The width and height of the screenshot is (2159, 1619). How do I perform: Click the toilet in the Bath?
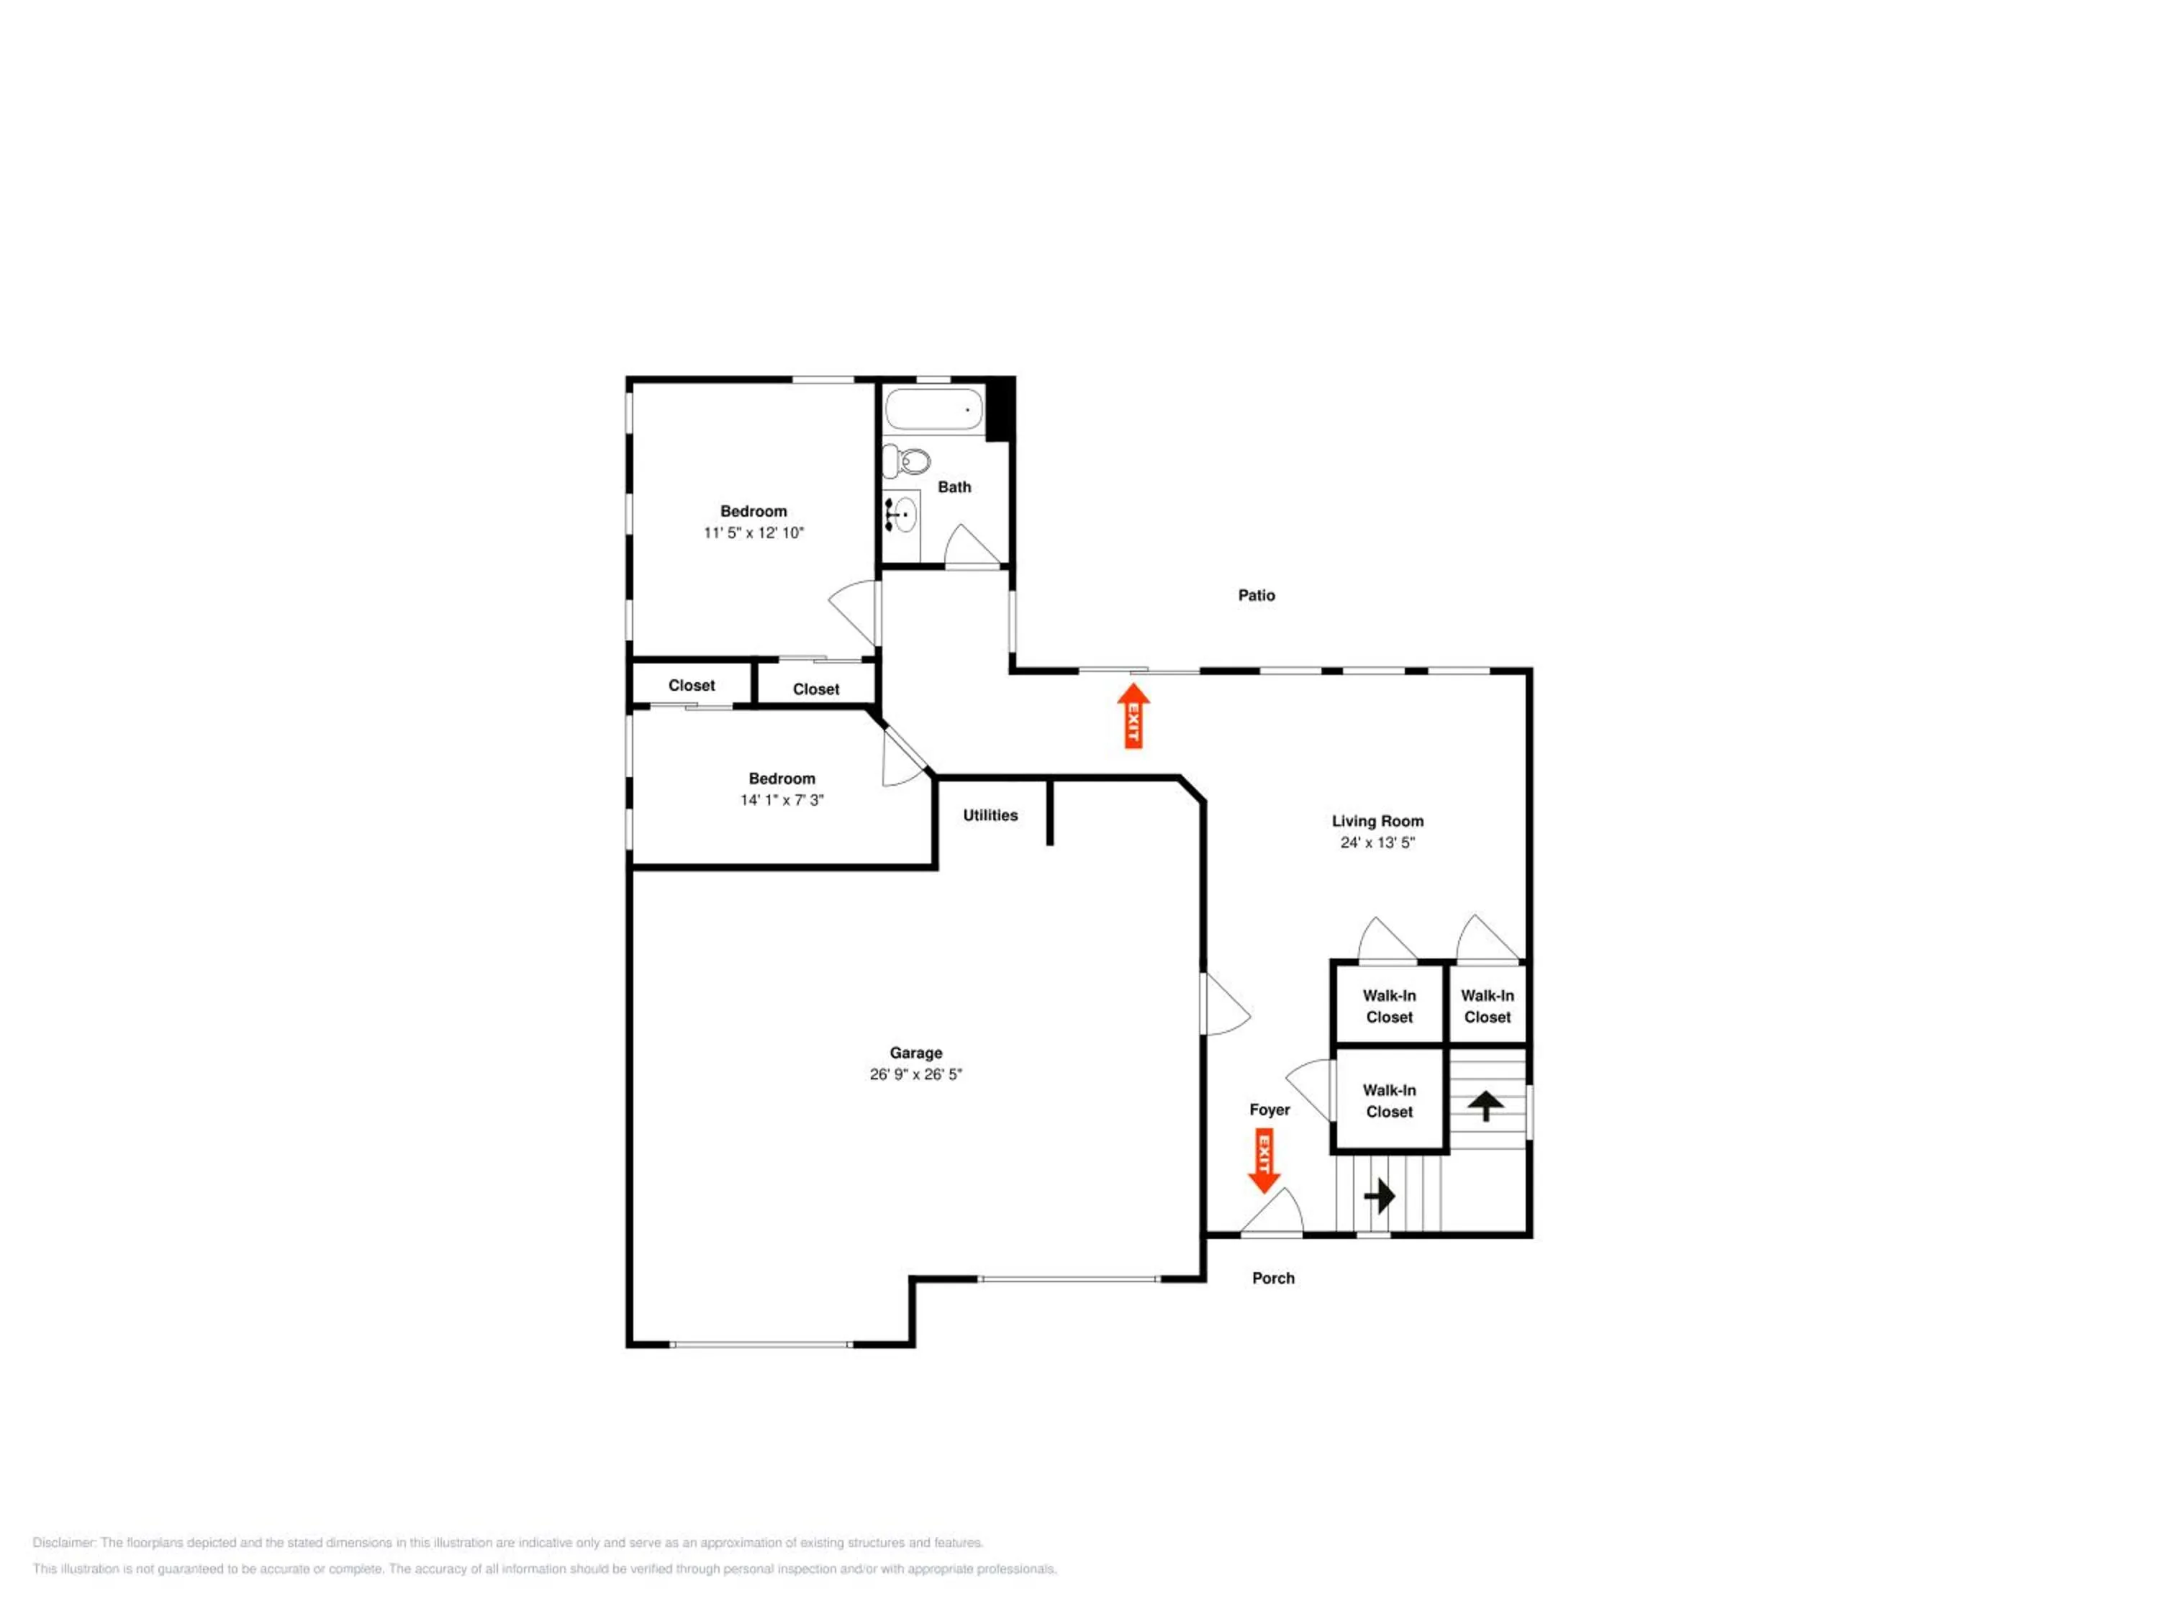[906, 460]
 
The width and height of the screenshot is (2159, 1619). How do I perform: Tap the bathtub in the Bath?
[934, 410]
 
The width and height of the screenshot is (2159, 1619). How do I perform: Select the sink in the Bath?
[903, 512]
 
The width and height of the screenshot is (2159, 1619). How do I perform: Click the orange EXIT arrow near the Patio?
[1133, 715]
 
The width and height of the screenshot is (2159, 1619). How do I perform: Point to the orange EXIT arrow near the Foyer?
[1264, 1161]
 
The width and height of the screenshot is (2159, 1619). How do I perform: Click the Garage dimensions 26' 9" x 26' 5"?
[915, 1074]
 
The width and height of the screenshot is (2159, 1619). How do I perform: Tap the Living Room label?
[1377, 821]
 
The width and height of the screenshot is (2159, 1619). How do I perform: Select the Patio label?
[1256, 595]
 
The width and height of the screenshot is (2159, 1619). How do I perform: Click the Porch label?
[1273, 1279]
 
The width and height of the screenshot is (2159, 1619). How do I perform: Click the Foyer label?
[1269, 1110]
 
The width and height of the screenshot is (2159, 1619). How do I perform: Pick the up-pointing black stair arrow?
[1485, 1106]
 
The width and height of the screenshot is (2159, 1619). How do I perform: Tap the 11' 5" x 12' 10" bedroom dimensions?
[753, 533]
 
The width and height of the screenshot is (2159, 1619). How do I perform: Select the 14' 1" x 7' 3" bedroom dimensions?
[782, 800]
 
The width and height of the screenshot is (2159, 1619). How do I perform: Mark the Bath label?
[954, 487]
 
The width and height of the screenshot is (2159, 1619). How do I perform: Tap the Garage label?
[915, 1053]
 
